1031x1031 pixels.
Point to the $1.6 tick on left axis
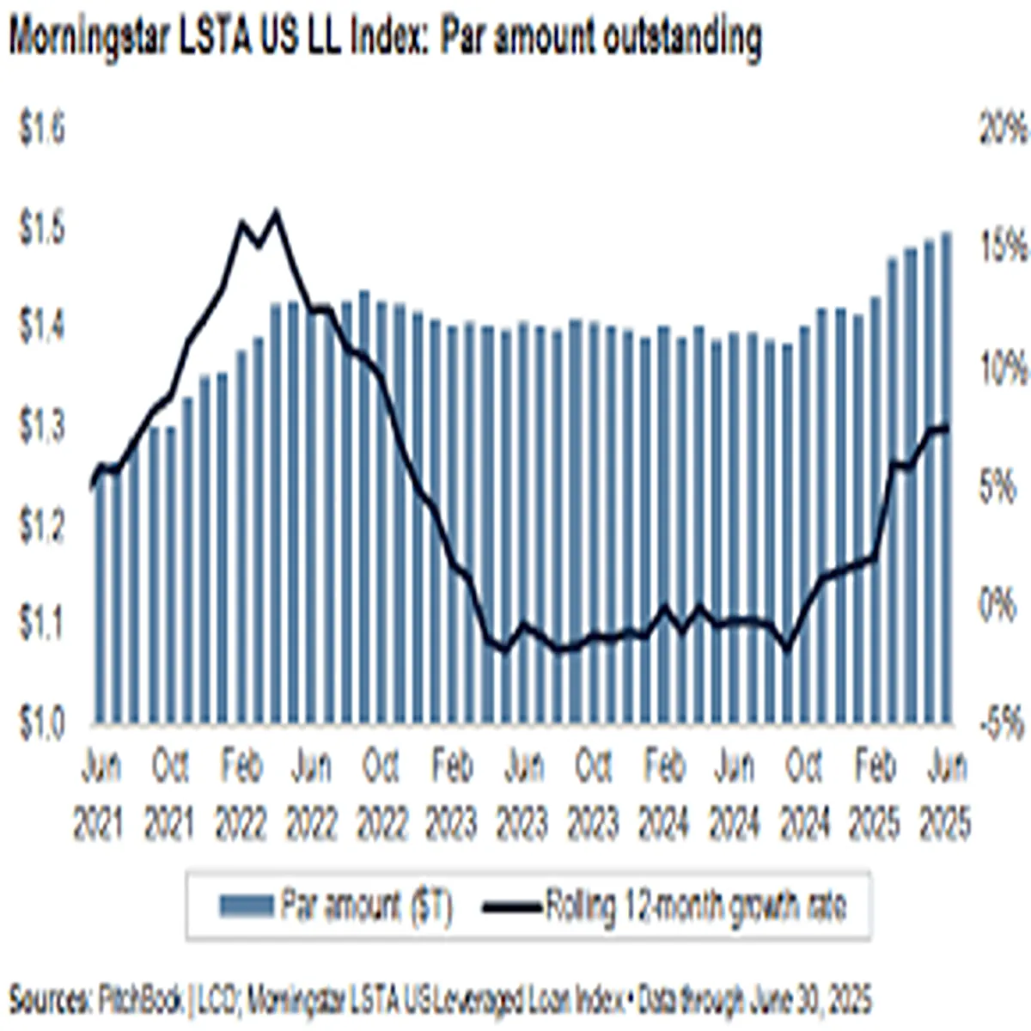(x=42, y=131)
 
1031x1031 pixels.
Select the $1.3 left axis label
(x=42, y=428)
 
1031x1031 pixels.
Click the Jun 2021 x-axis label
(x=100, y=796)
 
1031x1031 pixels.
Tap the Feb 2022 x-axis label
(x=241, y=796)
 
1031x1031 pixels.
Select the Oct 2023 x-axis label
(x=593, y=796)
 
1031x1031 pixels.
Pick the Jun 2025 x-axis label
(x=945, y=796)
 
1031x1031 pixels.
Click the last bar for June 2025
(x=946, y=481)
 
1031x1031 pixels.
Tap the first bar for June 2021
(x=100, y=601)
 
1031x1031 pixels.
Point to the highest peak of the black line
(x=276, y=211)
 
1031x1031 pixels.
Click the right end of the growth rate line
(x=947, y=428)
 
